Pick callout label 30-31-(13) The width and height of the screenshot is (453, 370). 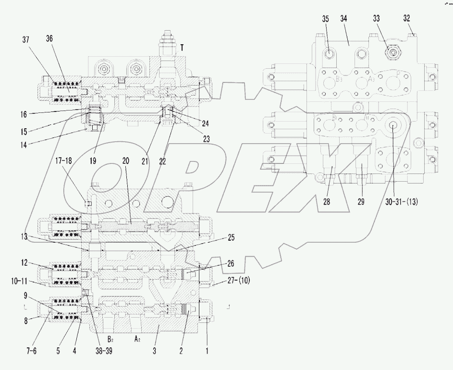(401, 202)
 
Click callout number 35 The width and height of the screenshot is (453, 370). (326, 19)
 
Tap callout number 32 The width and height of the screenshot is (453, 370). (406, 20)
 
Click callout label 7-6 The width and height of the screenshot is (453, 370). (31, 351)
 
